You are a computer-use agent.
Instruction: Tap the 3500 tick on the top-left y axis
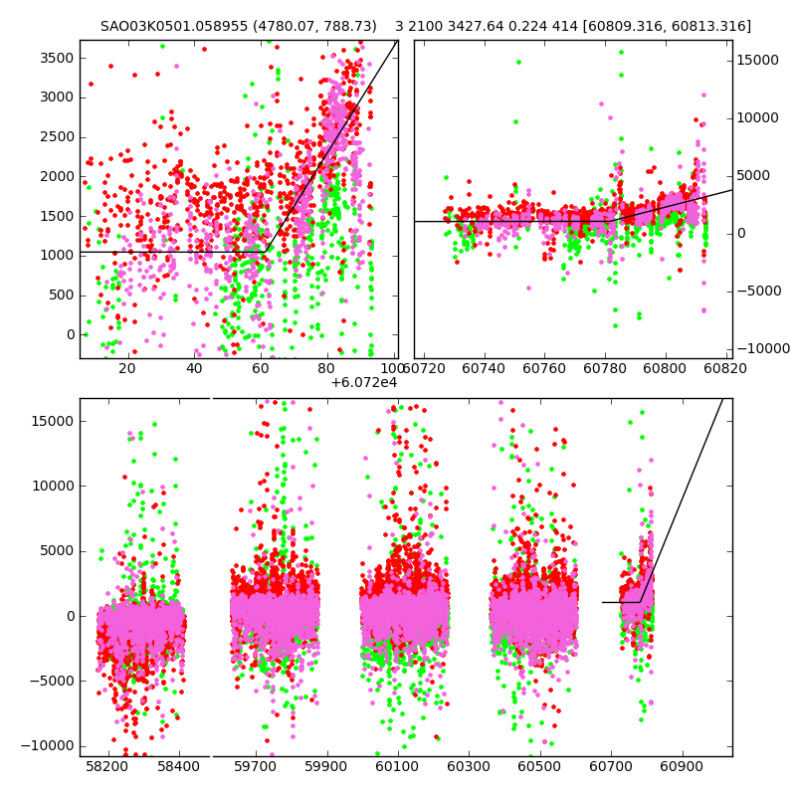[55, 58]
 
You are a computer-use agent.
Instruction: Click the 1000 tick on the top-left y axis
[55, 255]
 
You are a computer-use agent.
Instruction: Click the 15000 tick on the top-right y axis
[758, 61]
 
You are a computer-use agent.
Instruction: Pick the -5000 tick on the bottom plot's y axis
[52, 681]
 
